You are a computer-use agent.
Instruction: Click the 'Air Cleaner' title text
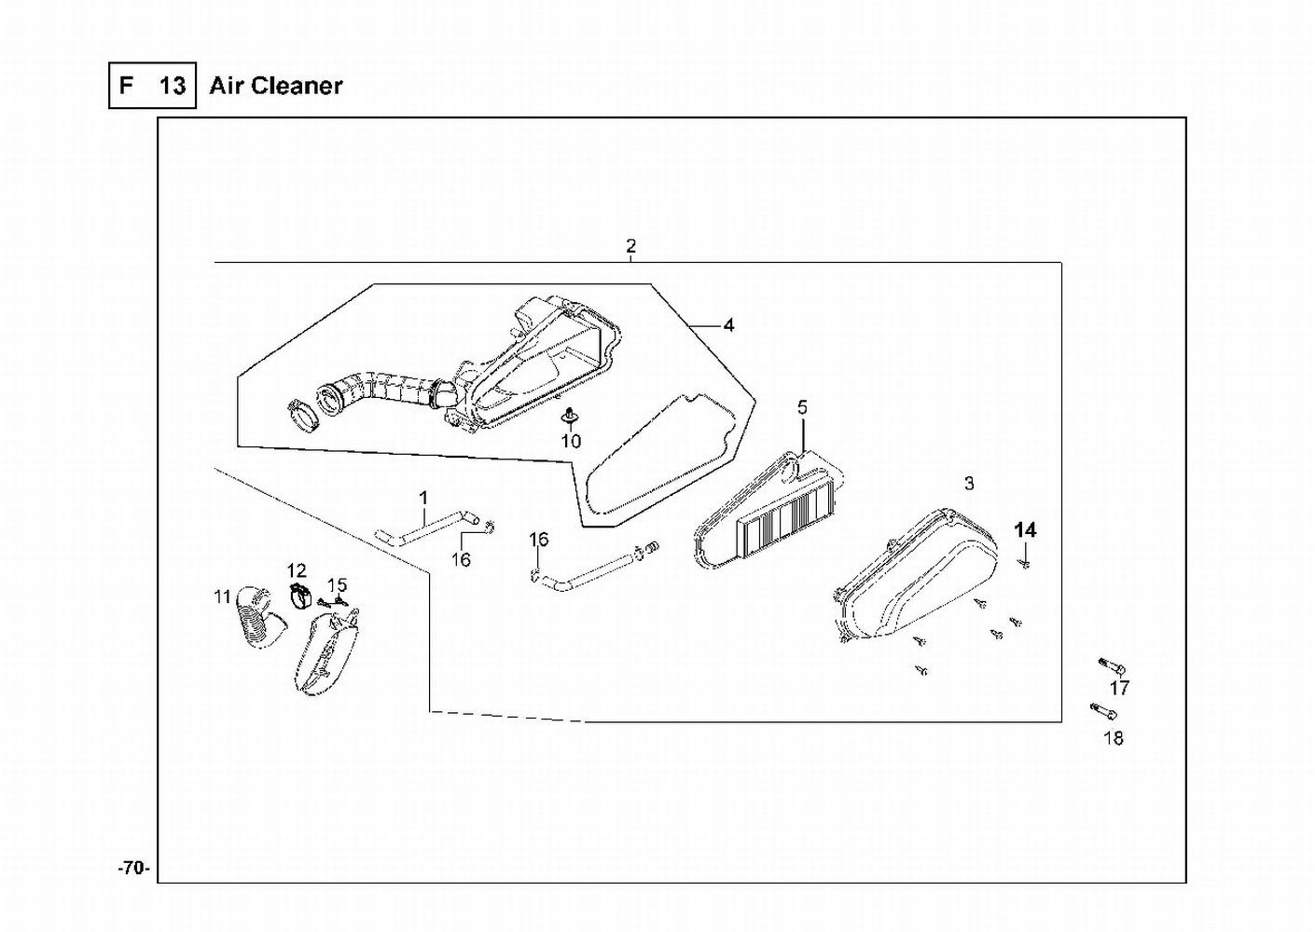[x=276, y=86]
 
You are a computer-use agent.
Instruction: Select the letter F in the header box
[x=126, y=86]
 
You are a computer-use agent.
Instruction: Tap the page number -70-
[x=133, y=869]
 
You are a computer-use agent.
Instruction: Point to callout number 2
[x=631, y=246]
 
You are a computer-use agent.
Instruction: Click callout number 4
[x=729, y=325]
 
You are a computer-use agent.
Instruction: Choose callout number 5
[x=802, y=407]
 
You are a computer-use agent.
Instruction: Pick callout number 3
[x=969, y=483]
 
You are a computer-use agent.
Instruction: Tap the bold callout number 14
[x=1025, y=529]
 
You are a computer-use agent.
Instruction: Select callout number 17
[x=1119, y=689]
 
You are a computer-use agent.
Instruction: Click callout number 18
[x=1114, y=738]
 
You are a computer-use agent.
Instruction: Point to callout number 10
[x=571, y=441]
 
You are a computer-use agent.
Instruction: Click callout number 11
[x=222, y=596]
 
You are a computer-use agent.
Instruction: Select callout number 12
[x=297, y=570]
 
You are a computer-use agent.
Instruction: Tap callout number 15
[x=337, y=584]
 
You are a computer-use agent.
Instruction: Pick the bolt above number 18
[x=1103, y=712]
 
